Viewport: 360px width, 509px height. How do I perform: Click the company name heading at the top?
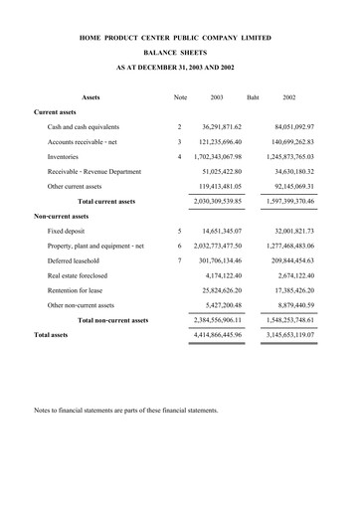(179, 37)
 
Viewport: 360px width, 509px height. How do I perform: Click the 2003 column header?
(217, 97)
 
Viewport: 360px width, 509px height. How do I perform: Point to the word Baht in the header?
(253, 97)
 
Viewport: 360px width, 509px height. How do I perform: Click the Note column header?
(180, 97)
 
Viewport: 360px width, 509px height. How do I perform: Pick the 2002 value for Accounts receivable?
(286, 142)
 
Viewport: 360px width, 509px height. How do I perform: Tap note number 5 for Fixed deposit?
(179, 231)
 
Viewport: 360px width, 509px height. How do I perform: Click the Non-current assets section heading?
(62, 216)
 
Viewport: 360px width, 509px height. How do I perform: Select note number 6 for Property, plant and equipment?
(179, 246)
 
